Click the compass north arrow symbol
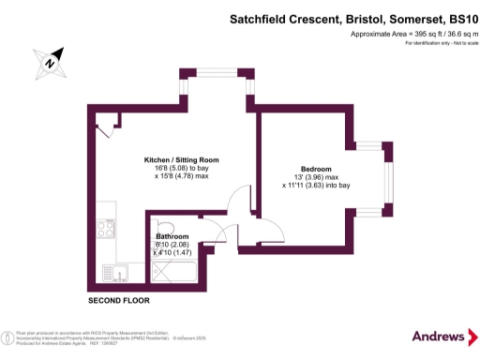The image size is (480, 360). click(x=52, y=62)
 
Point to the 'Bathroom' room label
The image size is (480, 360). click(x=172, y=236)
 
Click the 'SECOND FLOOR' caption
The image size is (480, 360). click(x=118, y=301)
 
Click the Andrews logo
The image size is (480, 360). click(x=440, y=336)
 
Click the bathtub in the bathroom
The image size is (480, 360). click(x=173, y=273)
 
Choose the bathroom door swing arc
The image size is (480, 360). click(x=216, y=233)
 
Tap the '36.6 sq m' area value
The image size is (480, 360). click(x=444, y=34)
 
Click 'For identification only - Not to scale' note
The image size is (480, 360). click(x=424, y=45)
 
